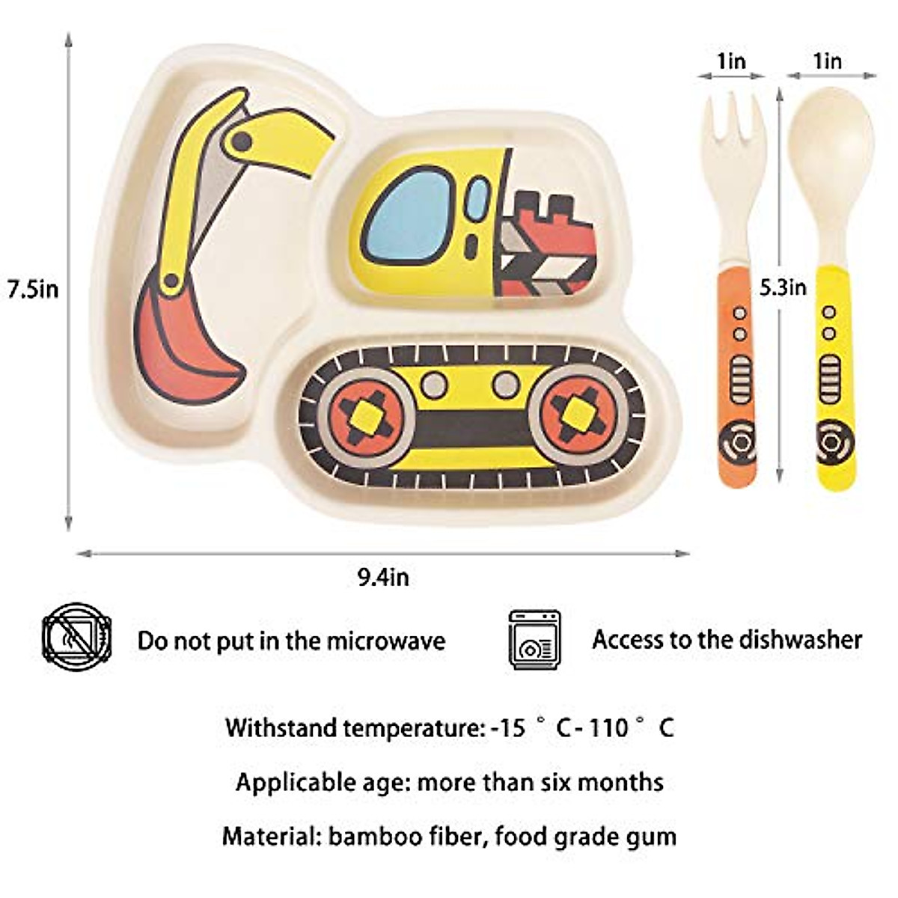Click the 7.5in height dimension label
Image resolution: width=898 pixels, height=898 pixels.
pos(32,289)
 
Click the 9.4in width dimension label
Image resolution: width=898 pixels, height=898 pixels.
pos(382,578)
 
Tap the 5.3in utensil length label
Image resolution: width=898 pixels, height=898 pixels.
pos(784,287)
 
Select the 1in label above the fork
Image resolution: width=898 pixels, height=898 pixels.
pos(731,61)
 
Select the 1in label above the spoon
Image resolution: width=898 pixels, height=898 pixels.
pos(827,61)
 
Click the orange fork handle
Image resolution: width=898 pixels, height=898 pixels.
pos(737,374)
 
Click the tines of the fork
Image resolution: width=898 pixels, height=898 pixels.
pos(733,120)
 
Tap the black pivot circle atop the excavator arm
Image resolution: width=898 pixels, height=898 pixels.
pos(241,140)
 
